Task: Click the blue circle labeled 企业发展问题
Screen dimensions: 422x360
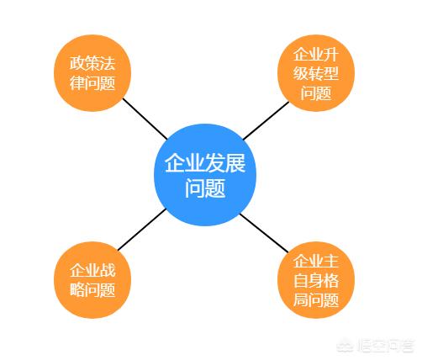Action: coord(205,175)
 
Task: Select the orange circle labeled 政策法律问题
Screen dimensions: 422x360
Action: coord(92,73)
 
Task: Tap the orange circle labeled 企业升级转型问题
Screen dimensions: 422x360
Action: coord(316,73)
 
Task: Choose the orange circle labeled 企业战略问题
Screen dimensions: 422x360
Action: coord(92,280)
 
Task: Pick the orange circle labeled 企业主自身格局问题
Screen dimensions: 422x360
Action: coord(316,280)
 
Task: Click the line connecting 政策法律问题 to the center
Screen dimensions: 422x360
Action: coord(145,119)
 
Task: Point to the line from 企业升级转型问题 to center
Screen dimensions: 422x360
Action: coord(266,120)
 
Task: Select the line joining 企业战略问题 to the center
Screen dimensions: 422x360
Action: coord(142,230)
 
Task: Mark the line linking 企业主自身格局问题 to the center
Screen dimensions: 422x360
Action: coord(264,233)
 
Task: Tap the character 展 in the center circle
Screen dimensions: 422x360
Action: coord(235,163)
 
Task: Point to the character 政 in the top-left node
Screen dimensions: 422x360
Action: coord(77,63)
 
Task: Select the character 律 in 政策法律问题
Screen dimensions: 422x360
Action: coord(77,83)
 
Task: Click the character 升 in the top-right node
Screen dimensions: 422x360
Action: coord(331,54)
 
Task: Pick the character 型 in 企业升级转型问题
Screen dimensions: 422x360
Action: coord(331,73)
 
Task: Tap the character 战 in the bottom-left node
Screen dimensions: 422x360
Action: coord(108,270)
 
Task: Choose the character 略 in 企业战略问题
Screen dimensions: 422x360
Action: coord(77,289)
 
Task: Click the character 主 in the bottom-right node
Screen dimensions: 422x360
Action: coord(331,261)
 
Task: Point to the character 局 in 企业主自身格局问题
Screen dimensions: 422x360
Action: coord(301,300)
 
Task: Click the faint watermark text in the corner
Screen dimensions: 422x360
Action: coord(376,346)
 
